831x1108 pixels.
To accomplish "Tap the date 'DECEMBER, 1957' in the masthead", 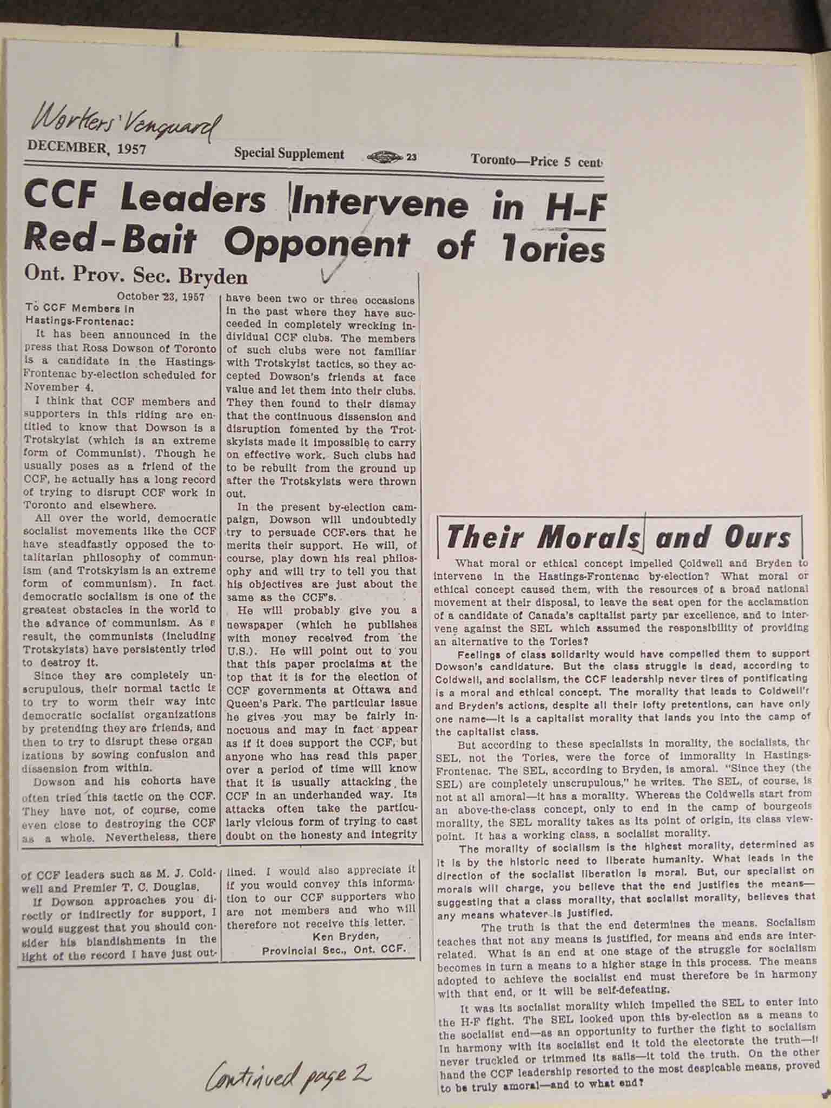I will [x=87, y=147].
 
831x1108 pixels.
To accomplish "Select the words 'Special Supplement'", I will [x=289, y=154].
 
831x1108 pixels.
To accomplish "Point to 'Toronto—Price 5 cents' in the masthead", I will [x=536, y=161].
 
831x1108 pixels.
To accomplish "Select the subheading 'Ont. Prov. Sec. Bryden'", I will [x=136, y=276].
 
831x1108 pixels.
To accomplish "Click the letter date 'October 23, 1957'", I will [x=160, y=296].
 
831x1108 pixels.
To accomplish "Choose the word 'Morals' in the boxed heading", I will [x=590, y=537].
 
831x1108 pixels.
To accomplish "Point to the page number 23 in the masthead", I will [x=411, y=157].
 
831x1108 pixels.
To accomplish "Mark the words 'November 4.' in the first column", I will [x=52, y=387].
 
